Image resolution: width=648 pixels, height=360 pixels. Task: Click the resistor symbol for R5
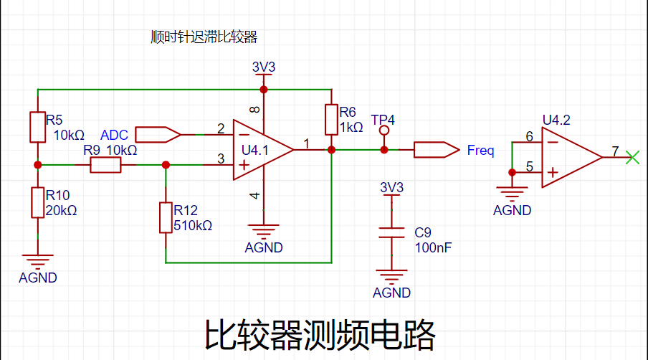click(x=37, y=126)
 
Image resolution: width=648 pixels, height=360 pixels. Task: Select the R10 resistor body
click(x=37, y=202)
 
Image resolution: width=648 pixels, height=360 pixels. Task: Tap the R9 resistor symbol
click(x=105, y=165)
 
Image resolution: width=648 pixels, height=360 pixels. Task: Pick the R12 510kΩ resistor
click(x=166, y=218)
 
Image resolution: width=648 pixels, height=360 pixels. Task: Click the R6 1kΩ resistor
click(x=331, y=120)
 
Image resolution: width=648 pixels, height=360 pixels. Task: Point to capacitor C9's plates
click(x=391, y=233)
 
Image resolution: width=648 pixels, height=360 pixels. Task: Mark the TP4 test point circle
click(x=384, y=131)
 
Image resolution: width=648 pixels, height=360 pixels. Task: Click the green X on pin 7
click(x=632, y=157)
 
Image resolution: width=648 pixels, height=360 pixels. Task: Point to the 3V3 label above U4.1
click(x=264, y=67)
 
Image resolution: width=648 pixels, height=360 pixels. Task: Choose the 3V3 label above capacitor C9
click(x=391, y=188)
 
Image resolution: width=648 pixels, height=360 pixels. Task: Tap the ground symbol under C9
click(x=391, y=277)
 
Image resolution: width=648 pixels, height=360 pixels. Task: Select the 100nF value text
click(x=433, y=247)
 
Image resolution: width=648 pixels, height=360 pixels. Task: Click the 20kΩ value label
click(x=61, y=211)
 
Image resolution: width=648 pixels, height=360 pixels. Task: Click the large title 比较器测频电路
click(x=320, y=334)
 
